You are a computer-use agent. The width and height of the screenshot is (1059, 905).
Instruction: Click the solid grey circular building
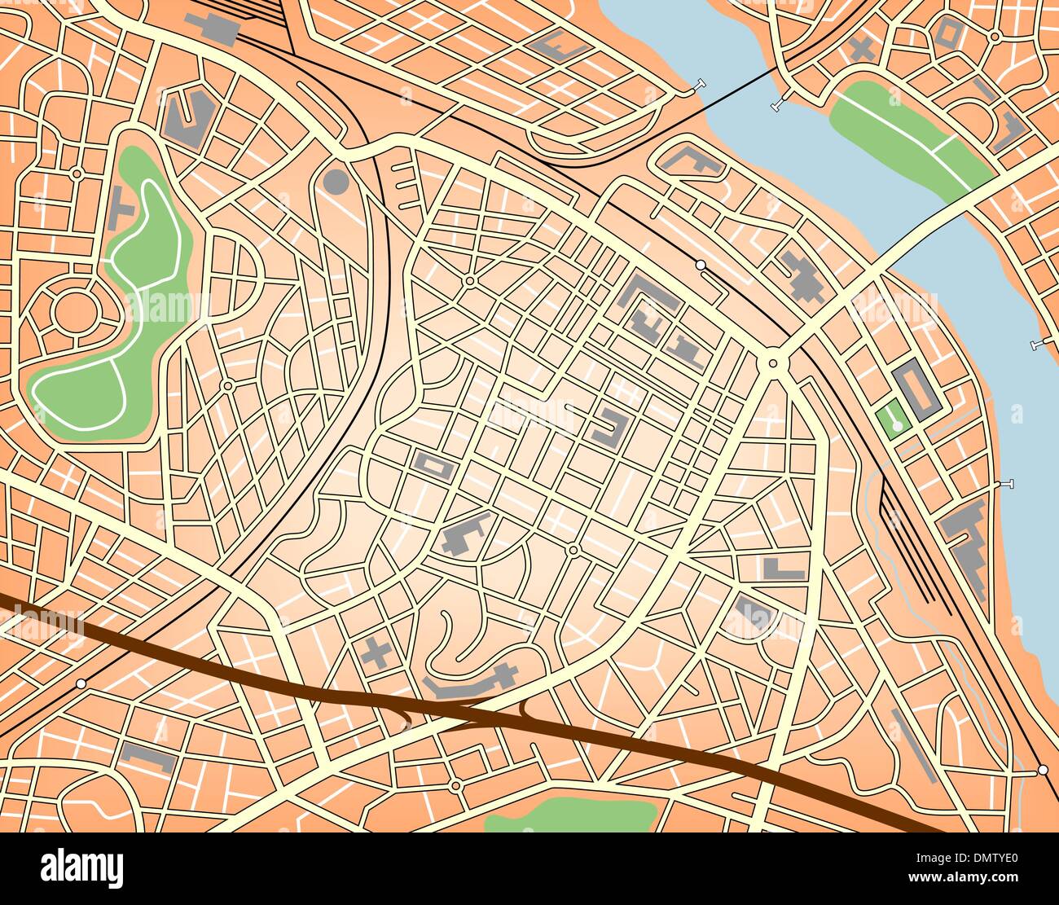[336, 181]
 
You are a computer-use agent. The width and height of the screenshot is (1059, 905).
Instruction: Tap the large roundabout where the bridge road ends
[772, 362]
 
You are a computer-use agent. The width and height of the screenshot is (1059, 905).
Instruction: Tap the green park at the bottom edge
[570, 815]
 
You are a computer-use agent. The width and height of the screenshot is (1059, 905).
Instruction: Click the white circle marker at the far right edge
[1043, 769]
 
